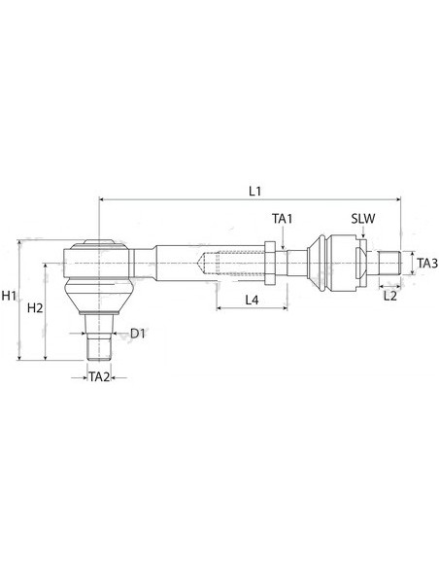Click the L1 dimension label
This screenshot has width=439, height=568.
coord(254,191)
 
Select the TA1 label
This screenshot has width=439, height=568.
coord(282,221)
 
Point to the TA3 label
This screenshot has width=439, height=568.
coord(426,263)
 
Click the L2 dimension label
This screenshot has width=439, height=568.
coord(390,296)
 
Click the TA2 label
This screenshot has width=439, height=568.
coord(99,375)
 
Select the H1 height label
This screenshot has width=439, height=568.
coord(10,296)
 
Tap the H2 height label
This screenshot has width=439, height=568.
coord(34,308)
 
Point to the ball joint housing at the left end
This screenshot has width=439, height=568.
coord(98,261)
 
